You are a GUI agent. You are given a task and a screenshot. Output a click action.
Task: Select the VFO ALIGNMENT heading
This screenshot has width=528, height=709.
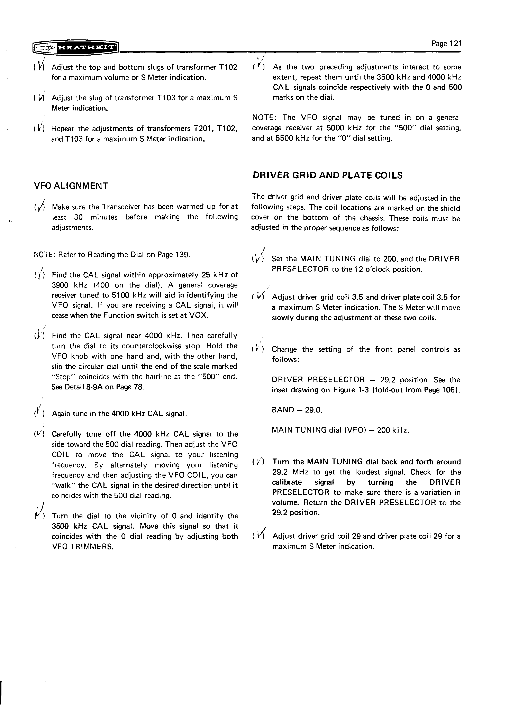pyautogui.click(x=71, y=186)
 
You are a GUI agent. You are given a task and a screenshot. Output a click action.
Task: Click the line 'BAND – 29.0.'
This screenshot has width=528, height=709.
pyautogui.click(x=297, y=410)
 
